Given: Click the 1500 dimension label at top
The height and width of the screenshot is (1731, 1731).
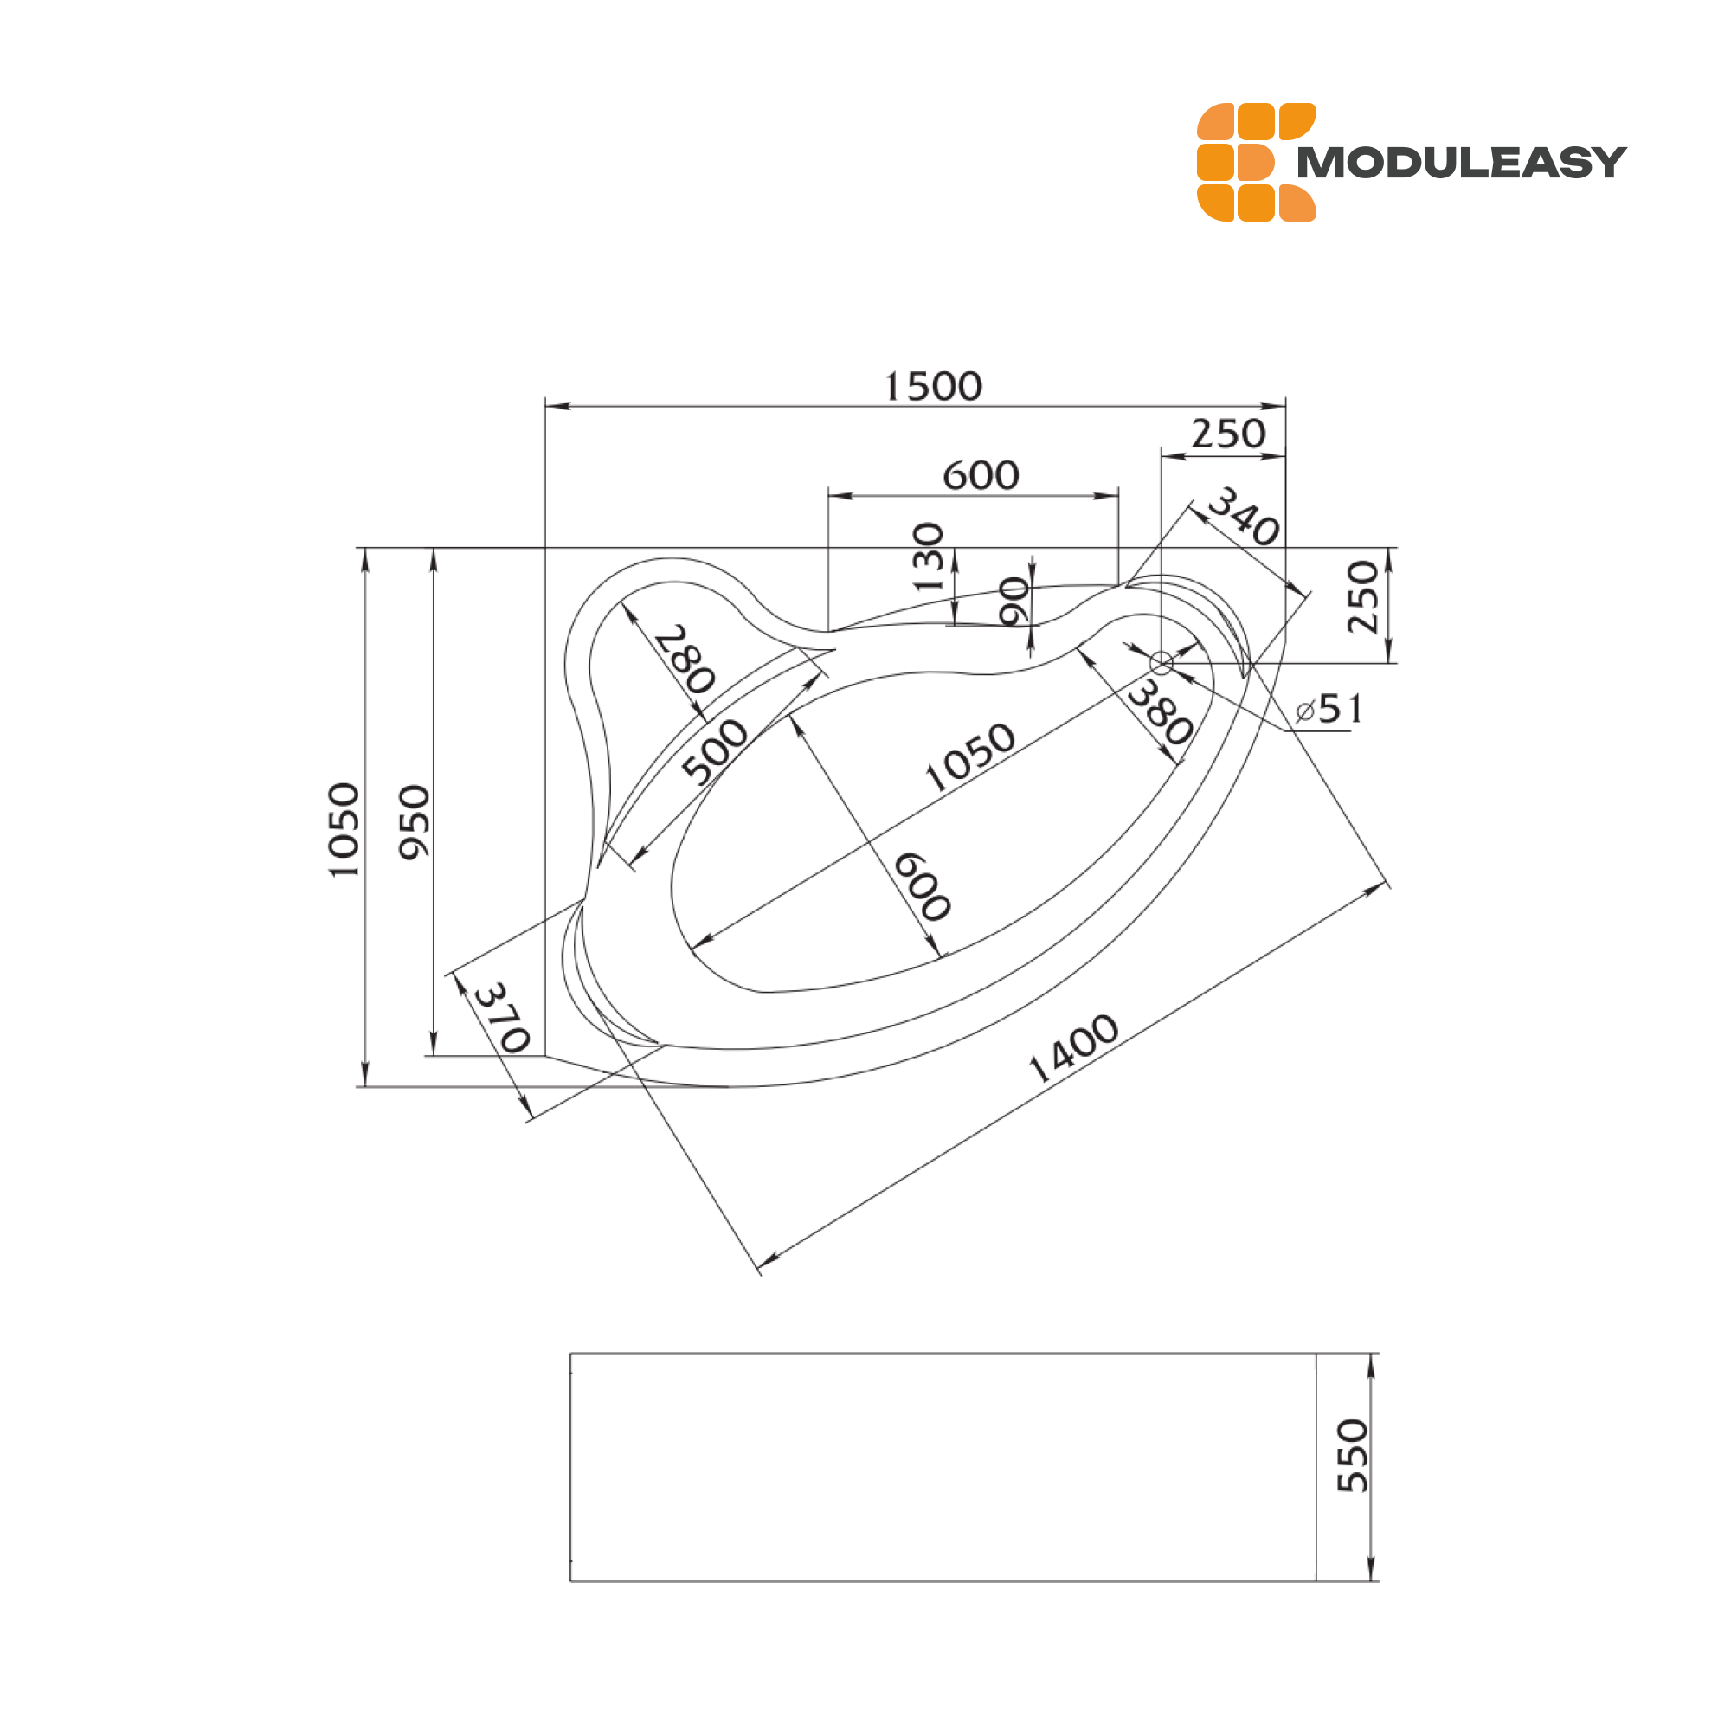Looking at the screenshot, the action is coord(934,387).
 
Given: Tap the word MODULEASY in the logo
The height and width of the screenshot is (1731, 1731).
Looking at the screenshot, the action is coord(1461,163).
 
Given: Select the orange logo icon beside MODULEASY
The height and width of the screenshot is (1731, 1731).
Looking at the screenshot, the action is coord(1256,162).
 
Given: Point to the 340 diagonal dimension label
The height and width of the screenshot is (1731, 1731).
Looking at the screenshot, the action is coord(1244,516).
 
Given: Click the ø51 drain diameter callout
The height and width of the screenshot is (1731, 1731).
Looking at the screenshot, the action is coord(1329,710).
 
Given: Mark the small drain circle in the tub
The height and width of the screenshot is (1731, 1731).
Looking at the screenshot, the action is coord(1162,663).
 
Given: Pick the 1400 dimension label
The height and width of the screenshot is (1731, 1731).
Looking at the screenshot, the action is coord(1072,1049).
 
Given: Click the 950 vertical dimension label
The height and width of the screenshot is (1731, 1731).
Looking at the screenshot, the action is coord(415,821).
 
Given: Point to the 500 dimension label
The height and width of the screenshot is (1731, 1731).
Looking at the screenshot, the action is coord(714,752).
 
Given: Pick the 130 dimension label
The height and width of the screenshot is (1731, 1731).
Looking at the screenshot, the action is coord(928,557).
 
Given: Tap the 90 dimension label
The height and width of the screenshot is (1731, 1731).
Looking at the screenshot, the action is coord(1014,602).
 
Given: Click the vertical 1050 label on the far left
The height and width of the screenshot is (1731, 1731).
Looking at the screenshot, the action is coord(344,831).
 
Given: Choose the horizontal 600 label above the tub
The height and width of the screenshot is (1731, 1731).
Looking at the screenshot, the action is coord(981,476).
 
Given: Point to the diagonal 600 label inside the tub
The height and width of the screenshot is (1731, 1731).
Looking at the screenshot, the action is coord(922,887).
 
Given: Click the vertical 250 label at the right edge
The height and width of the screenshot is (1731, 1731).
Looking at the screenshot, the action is coord(1363,596).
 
